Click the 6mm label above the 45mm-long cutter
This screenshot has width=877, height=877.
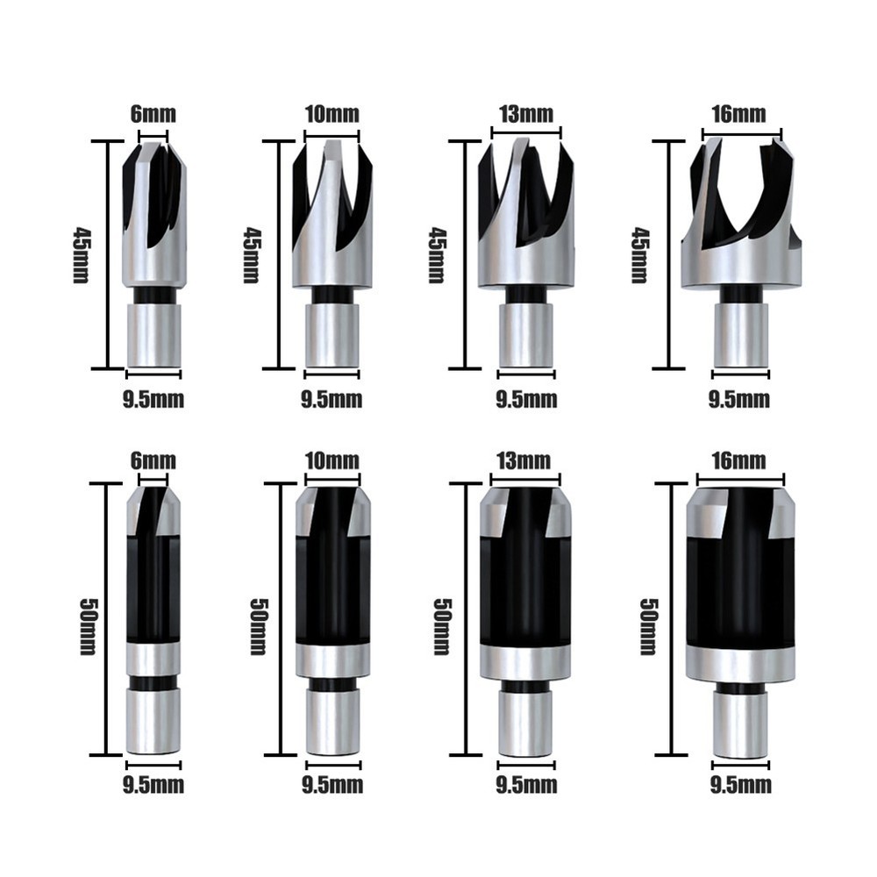(x=153, y=114)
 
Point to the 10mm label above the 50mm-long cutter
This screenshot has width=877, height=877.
(x=332, y=460)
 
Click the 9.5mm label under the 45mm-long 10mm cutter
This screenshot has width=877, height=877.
(x=332, y=400)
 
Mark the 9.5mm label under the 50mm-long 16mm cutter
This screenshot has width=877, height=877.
(x=741, y=783)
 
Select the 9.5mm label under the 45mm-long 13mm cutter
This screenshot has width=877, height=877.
(x=526, y=400)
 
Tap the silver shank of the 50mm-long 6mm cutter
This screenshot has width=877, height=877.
(x=153, y=721)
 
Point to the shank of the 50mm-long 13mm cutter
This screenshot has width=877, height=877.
(x=525, y=724)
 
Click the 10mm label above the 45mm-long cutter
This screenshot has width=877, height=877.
(x=332, y=114)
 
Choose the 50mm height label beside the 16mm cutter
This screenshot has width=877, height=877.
(x=648, y=626)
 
